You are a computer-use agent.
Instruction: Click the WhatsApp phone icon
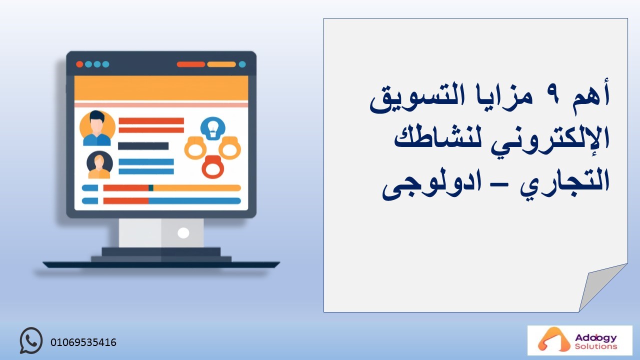[x=31, y=340]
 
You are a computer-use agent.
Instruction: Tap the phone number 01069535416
[x=83, y=342]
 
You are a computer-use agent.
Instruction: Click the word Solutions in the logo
[x=596, y=346]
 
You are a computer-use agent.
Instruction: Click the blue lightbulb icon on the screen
[x=213, y=128]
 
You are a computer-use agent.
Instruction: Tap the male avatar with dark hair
[x=97, y=128]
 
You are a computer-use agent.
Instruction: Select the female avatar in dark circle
[x=99, y=165]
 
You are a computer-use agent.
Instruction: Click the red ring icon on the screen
[x=213, y=167]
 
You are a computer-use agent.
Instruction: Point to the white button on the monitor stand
[x=183, y=233]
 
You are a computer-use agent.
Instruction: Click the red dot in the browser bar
[x=79, y=64]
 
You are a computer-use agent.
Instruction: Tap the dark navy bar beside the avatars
[x=143, y=146]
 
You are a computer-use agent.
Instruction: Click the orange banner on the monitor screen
[x=161, y=88]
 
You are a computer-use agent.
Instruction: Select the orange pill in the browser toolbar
[x=221, y=64]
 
